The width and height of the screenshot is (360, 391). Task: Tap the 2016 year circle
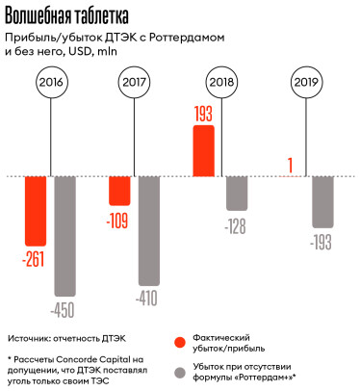tap(53, 85)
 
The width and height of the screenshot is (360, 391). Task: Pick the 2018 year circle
tap(222, 85)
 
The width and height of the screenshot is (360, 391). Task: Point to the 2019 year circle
tap(308, 85)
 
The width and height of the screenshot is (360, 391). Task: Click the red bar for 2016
tap(36, 210)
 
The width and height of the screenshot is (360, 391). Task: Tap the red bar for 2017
tap(120, 191)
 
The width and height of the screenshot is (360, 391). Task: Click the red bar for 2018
tap(205, 152)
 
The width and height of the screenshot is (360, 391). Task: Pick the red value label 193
tap(203, 116)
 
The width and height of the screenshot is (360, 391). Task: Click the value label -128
tap(236, 225)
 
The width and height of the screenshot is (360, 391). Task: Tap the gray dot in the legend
tap(179, 372)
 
